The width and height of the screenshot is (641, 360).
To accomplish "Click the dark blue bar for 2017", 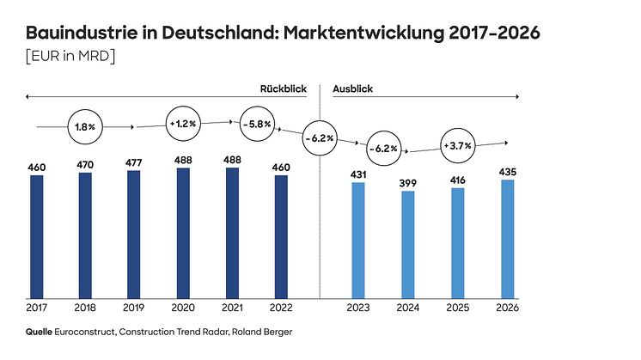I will (36, 236).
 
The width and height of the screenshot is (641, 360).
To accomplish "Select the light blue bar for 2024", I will (408, 244).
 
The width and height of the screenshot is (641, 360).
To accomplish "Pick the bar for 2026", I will (508, 238).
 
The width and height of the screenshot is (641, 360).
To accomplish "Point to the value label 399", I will (408, 182).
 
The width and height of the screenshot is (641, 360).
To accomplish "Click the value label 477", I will (133, 162).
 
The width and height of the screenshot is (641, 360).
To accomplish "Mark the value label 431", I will (358, 174).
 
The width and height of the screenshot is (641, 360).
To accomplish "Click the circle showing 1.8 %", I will (85, 126).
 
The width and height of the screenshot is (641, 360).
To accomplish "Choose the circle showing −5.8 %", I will (257, 124).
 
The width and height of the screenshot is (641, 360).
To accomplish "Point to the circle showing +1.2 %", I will (184, 124).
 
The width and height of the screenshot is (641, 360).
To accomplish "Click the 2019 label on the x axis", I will (133, 308).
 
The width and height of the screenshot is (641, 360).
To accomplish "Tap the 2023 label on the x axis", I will (358, 308).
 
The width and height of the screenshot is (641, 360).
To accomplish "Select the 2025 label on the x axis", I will (458, 308).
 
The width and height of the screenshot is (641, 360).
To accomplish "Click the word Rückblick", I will (284, 88).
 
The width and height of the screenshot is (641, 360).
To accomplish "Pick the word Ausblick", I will (352, 88).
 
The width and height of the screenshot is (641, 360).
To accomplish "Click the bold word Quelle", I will (40, 331).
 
